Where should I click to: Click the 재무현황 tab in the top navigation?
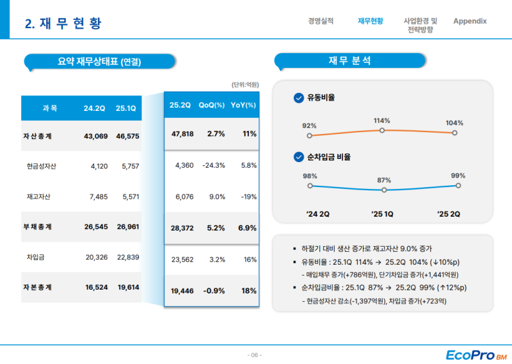[x=371, y=21]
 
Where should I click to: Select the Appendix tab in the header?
[x=470, y=21]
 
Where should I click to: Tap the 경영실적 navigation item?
[x=321, y=21]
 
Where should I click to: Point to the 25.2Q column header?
[x=180, y=105]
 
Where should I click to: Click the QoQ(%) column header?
[x=212, y=105]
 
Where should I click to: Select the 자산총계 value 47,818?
[x=182, y=134]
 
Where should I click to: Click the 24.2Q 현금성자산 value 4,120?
[x=94, y=166]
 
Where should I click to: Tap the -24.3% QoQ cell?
[x=213, y=165]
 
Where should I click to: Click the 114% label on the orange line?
[x=382, y=120]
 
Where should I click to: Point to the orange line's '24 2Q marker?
[x=310, y=136]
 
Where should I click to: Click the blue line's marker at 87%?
[x=383, y=190]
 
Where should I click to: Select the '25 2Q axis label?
[x=448, y=214]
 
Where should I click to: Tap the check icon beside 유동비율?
[x=298, y=98]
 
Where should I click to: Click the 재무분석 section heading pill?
[x=349, y=61]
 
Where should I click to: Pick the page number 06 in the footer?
[x=255, y=355]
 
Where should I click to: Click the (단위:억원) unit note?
[x=245, y=84]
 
